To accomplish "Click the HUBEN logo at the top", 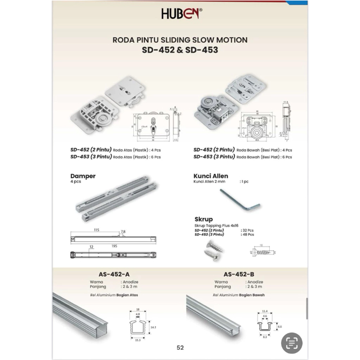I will pyautogui.click(x=181, y=13).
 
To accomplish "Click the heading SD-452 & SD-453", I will pyautogui.click(x=180, y=50).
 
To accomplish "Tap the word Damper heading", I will pyautogui.click(x=83, y=176).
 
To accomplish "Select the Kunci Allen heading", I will pyautogui.click(x=211, y=176).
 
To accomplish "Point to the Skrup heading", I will pyautogui.click(x=204, y=219).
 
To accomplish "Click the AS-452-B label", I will pyautogui.click(x=239, y=273).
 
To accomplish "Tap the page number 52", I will pyautogui.click(x=180, y=348).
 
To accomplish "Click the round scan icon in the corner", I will pyautogui.click(x=292, y=343).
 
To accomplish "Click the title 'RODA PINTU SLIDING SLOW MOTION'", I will pyautogui.click(x=180, y=39).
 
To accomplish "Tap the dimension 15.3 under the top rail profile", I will pyautogui.click(x=139, y=340).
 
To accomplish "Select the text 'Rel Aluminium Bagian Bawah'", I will pyautogui.click(x=238, y=295).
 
